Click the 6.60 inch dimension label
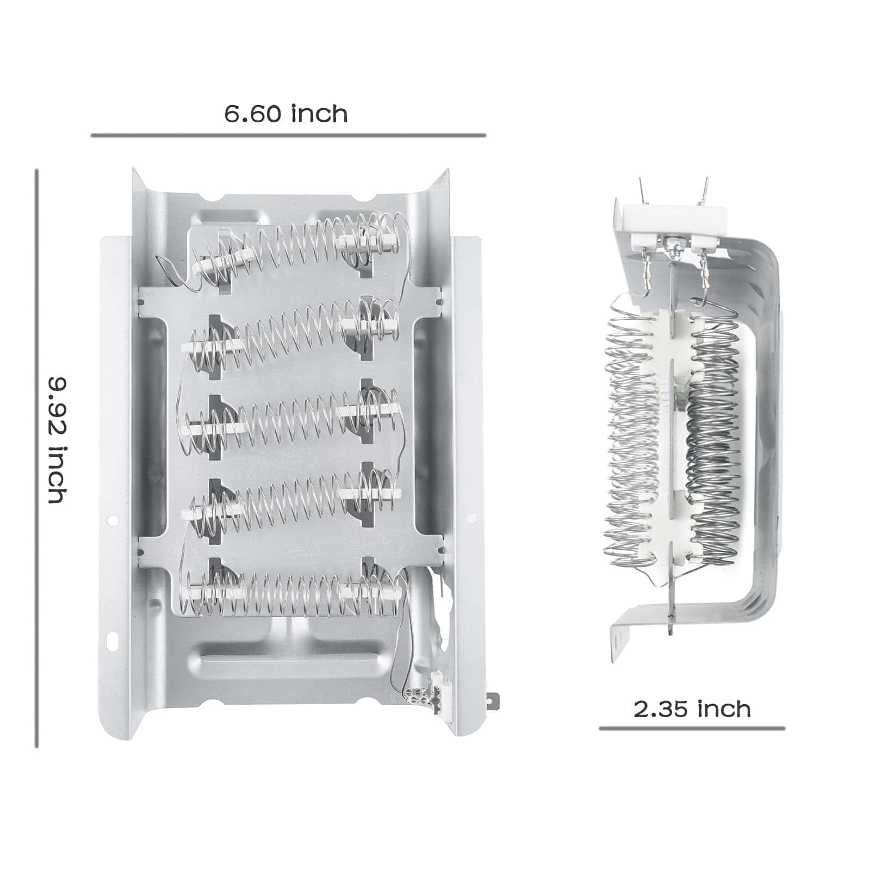click(x=286, y=114)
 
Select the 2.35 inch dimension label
click(x=692, y=709)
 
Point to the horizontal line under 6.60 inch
click(x=288, y=135)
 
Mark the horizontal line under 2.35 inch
click(x=692, y=728)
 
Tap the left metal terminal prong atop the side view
click(x=642, y=191)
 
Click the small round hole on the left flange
click(x=112, y=520)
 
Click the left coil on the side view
click(x=631, y=430)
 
